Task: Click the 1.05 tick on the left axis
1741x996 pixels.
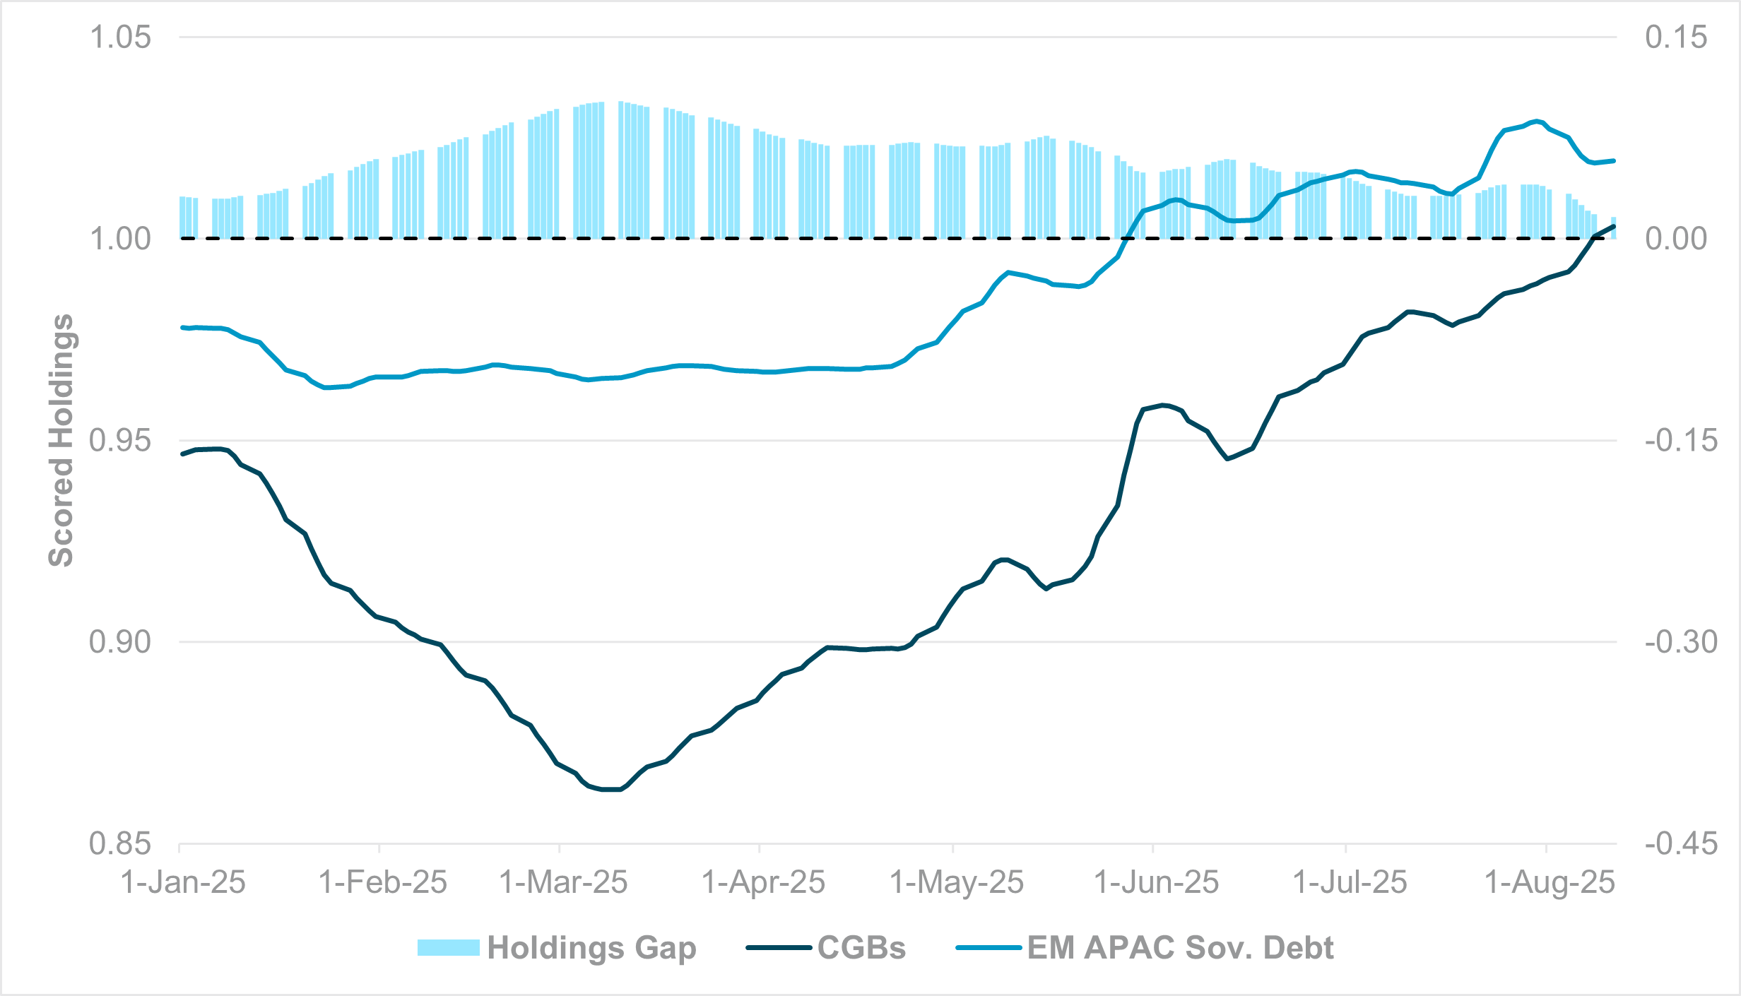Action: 119,37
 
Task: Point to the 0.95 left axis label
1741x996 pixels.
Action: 119,441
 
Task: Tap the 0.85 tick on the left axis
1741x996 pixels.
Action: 119,843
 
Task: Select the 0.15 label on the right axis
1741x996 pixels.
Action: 1675,37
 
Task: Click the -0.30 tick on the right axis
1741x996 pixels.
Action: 1680,642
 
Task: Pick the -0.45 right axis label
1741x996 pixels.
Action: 1680,843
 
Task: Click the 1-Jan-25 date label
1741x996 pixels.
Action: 183,882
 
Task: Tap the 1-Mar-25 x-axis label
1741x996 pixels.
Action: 563,882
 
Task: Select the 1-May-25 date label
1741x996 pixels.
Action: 956,882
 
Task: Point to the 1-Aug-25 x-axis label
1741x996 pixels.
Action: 1550,882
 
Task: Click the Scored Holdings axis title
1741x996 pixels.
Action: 61,440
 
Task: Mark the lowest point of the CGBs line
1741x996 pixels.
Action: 612,790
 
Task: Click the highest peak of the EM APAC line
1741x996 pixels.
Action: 1536,121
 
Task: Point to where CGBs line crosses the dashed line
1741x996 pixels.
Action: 1593,238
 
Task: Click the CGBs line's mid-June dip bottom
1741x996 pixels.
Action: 1227,458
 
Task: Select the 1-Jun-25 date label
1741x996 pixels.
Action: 1156,882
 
